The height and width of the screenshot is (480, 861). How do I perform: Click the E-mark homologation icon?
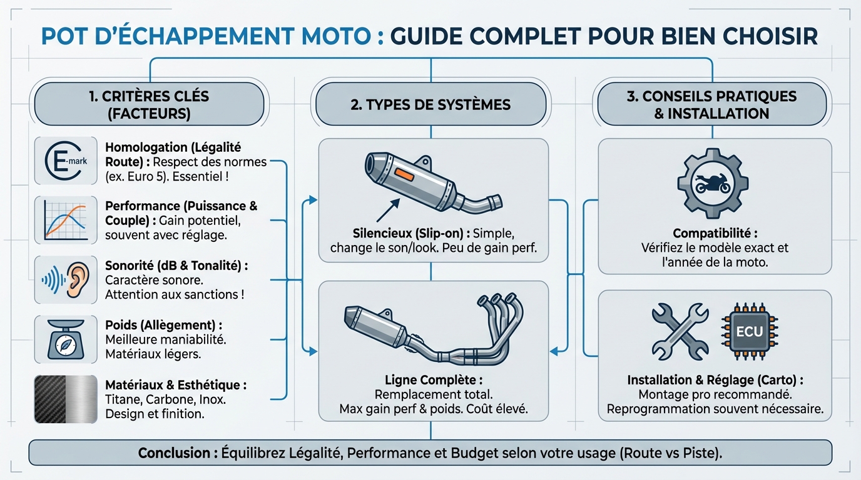pyautogui.click(x=66, y=161)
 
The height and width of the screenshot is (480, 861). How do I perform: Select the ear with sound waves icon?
pyautogui.click(x=66, y=279)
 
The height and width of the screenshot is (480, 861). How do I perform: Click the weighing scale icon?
pyautogui.click(x=66, y=339)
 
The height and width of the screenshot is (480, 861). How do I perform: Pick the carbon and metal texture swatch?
pyautogui.click(x=66, y=398)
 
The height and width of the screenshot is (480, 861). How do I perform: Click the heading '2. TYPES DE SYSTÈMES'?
pyautogui.click(x=430, y=104)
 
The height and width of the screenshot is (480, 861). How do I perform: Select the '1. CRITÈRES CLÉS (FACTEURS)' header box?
pyautogui.click(x=149, y=105)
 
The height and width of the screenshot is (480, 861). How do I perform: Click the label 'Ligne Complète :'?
pyautogui.click(x=433, y=380)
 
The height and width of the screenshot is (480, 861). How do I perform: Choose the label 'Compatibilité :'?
pyautogui.click(x=715, y=233)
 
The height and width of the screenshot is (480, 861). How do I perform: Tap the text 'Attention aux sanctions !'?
pyautogui.click(x=174, y=294)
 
